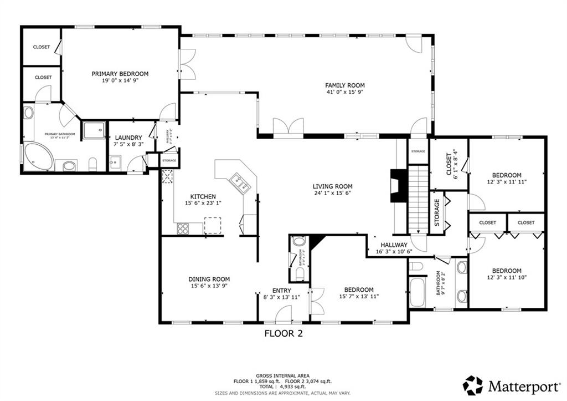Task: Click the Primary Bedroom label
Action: (x=120, y=74)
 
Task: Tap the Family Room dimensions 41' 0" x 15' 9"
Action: (x=344, y=93)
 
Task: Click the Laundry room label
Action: (x=128, y=138)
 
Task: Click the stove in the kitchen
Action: (x=183, y=227)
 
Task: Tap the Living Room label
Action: (x=332, y=186)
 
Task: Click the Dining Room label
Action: (x=209, y=279)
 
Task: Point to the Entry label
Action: (x=281, y=290)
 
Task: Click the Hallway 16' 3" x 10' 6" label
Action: (x=394, y=245)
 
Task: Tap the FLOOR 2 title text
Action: (x=283, y=333)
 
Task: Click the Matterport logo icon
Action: (x=473, y=385)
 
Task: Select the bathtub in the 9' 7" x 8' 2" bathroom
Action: (x=416, y=292)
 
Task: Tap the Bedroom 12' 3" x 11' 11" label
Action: (x=506, y=175)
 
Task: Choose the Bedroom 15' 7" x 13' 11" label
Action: (x=358, y=290)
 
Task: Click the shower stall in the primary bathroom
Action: (x=94, y=130)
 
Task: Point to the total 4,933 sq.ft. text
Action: (x=283, y=387)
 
